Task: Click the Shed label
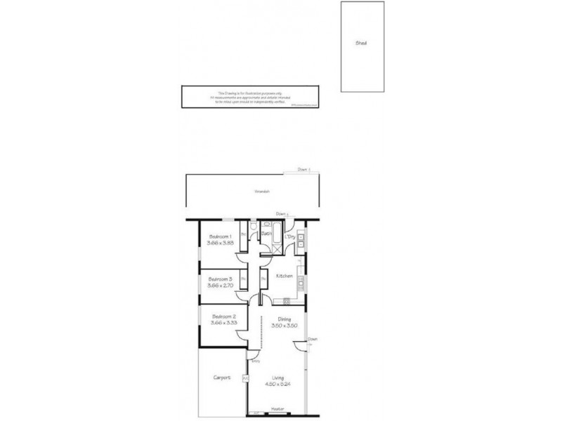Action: click(361, 43)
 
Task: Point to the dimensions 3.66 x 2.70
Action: click(219, 286)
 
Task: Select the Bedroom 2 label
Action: click(223, 316)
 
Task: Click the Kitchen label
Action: click(284, 276)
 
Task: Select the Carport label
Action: click(221, 377)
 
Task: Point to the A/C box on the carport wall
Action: click(244, 379)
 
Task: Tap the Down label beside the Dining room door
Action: click(313, 339)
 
